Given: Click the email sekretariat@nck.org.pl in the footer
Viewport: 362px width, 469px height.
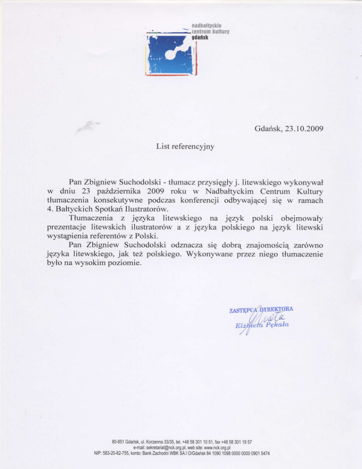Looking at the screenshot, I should (163, 446).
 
